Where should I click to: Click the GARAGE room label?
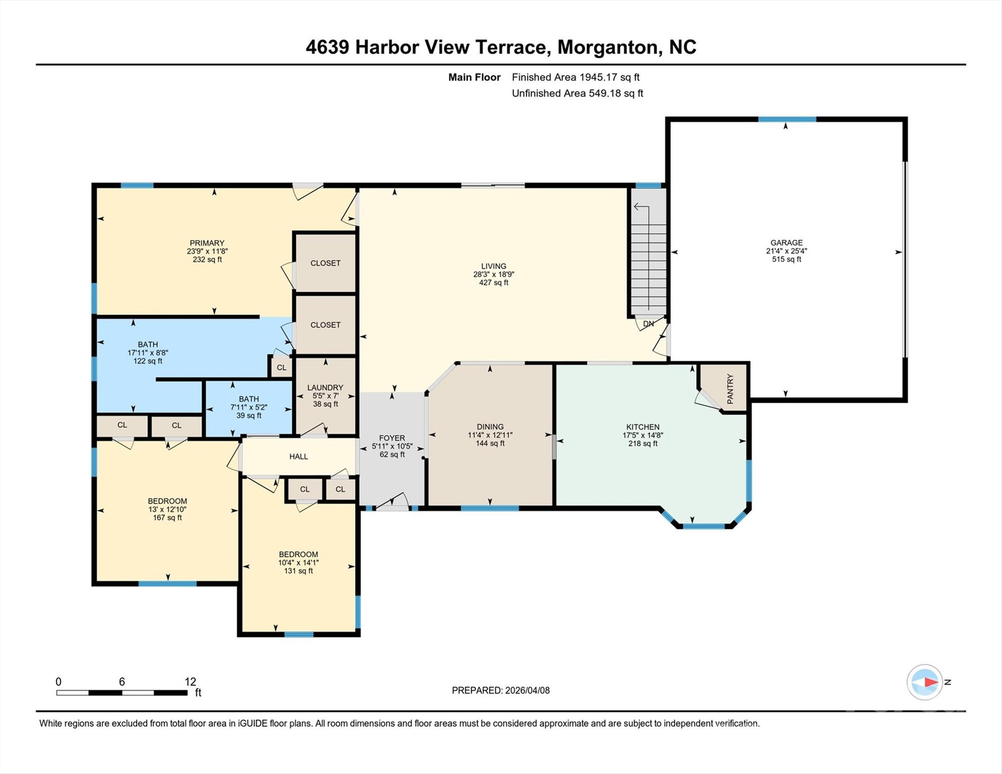coord(786,242)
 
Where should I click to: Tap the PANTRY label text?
coord(730,389)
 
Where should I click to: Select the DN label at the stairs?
coord(648,324)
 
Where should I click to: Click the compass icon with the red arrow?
coord(924,682)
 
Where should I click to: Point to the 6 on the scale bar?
coord(121,681)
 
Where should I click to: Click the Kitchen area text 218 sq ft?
coord(643,443)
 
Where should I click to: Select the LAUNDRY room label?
coord(325,388)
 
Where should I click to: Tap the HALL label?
coord(298,457)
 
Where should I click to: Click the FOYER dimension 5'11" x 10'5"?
coord(392,446)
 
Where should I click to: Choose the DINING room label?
coord(490,427)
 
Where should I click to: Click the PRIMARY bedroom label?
coord(207,243)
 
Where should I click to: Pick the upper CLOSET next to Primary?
coord(325,263)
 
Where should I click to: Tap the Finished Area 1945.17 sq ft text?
coord(575,77)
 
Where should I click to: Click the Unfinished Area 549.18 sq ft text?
coord(577,93)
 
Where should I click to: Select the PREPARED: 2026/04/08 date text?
coord(500,690)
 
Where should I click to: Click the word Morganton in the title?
coord(609,47)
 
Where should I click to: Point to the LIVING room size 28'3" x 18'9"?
coord(493,275)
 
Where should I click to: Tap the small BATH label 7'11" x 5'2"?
coord(248,407)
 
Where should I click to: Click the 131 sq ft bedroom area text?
coord(298,571)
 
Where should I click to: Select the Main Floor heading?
coord(474,77)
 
